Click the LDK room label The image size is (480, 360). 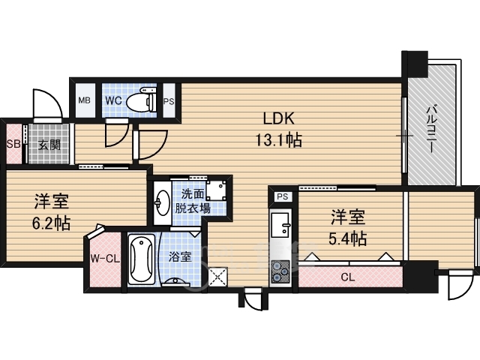click(x=279, y=118)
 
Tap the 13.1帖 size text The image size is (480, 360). click(x=279, y=140)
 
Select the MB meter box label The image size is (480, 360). click(x=84, y=100)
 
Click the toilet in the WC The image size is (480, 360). click(x=142, y=100)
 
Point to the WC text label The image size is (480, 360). click(x=113, y=100)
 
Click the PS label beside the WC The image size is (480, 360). click(x=169, y=101)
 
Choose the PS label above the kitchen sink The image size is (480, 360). click(x=283, y=196)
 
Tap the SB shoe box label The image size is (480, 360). click(x=13, y=143)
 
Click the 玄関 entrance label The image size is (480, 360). click(x=49, y=145)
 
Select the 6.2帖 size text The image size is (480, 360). click(x=52, y=223)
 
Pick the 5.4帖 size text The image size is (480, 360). click(x=348, y=238)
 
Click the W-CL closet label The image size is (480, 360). click(x=105, y=259)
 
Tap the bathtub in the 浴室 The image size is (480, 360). click(x=141, y=259)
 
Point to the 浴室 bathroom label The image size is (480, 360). click(x=180, y=256)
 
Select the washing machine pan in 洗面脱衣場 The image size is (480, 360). click(x=216, y=190)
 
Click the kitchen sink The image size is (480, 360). click(x=280, y=225)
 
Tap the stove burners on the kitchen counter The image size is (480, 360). click(x=280, y=271)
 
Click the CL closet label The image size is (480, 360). click(x=348, y=277)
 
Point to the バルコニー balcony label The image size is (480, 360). click(x=432, y=128)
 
